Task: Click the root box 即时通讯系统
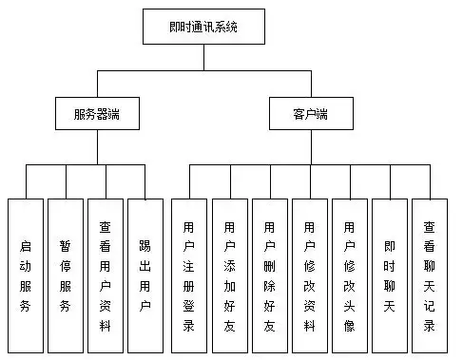pos(203,28)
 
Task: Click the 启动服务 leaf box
pos(26,275)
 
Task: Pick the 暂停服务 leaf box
pos(65,275)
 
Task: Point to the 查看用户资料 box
pos(105,275)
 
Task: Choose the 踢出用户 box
pos(145,275)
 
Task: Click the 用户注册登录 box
pos(188,275)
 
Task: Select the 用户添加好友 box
pos(229,275)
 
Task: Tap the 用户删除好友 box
pos(269,275)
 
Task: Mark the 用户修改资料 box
pos(309,275)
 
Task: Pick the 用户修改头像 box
pos(349,275)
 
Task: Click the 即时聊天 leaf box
pos(389,275)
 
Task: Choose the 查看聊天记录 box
pos(430,275)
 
